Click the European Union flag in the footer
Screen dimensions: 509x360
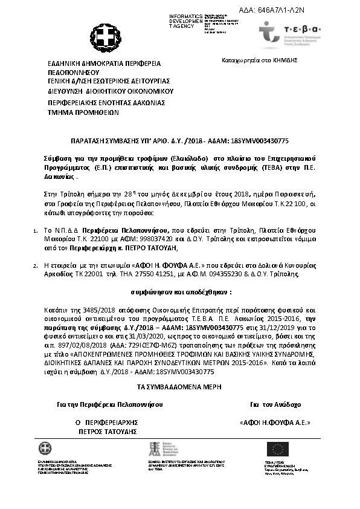click(278, 449)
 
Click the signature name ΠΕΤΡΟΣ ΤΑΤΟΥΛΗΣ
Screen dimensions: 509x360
click(108, 432)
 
